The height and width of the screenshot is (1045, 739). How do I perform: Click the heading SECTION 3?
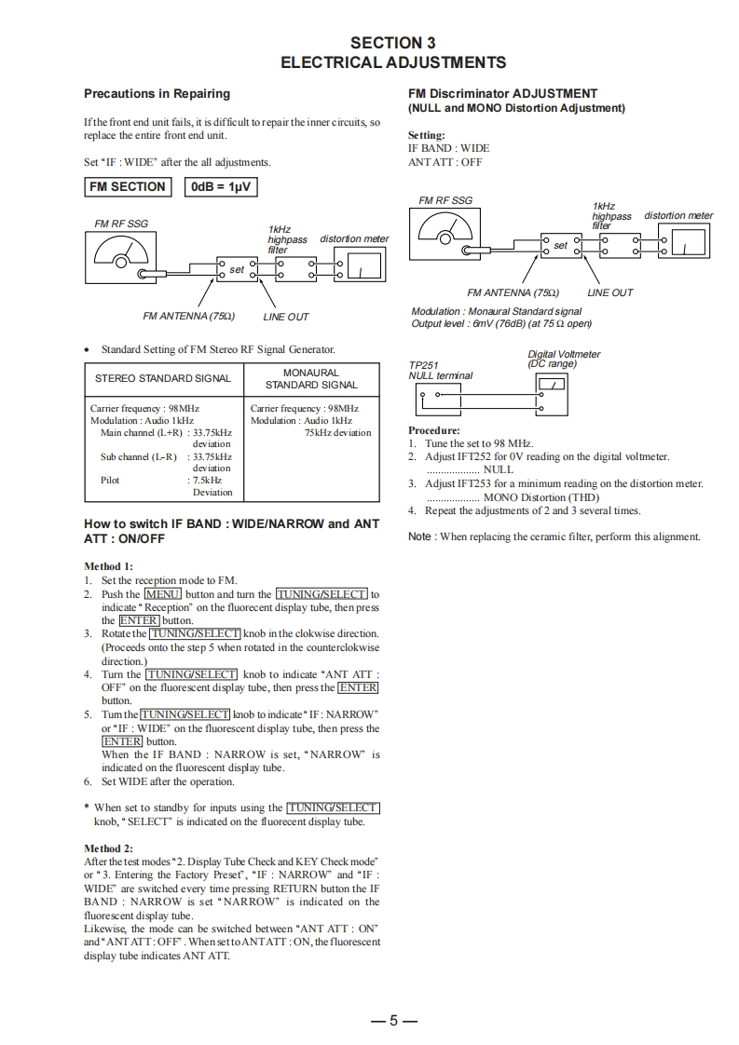392,43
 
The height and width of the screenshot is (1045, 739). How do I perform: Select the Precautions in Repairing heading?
157,93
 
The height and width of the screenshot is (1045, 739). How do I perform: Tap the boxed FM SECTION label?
127,187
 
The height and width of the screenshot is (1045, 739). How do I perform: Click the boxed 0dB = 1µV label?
220,187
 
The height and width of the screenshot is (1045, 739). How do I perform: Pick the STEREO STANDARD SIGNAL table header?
163,379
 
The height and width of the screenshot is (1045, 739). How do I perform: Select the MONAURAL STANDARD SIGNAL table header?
311,379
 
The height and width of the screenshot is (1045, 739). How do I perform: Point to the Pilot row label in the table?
110,481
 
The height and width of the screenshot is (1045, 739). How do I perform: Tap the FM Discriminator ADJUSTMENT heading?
502,93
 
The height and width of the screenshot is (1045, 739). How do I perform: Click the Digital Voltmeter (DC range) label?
564,359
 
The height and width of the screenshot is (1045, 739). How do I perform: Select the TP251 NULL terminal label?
440,371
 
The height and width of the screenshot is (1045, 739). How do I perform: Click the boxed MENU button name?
162,594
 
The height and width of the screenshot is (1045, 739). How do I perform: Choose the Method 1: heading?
109,566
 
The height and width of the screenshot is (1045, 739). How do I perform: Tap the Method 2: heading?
109,848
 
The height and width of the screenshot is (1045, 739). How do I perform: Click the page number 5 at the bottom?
392,1021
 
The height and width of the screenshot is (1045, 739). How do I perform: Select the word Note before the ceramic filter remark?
420,536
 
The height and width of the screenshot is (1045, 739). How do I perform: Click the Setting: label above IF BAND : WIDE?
427,135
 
